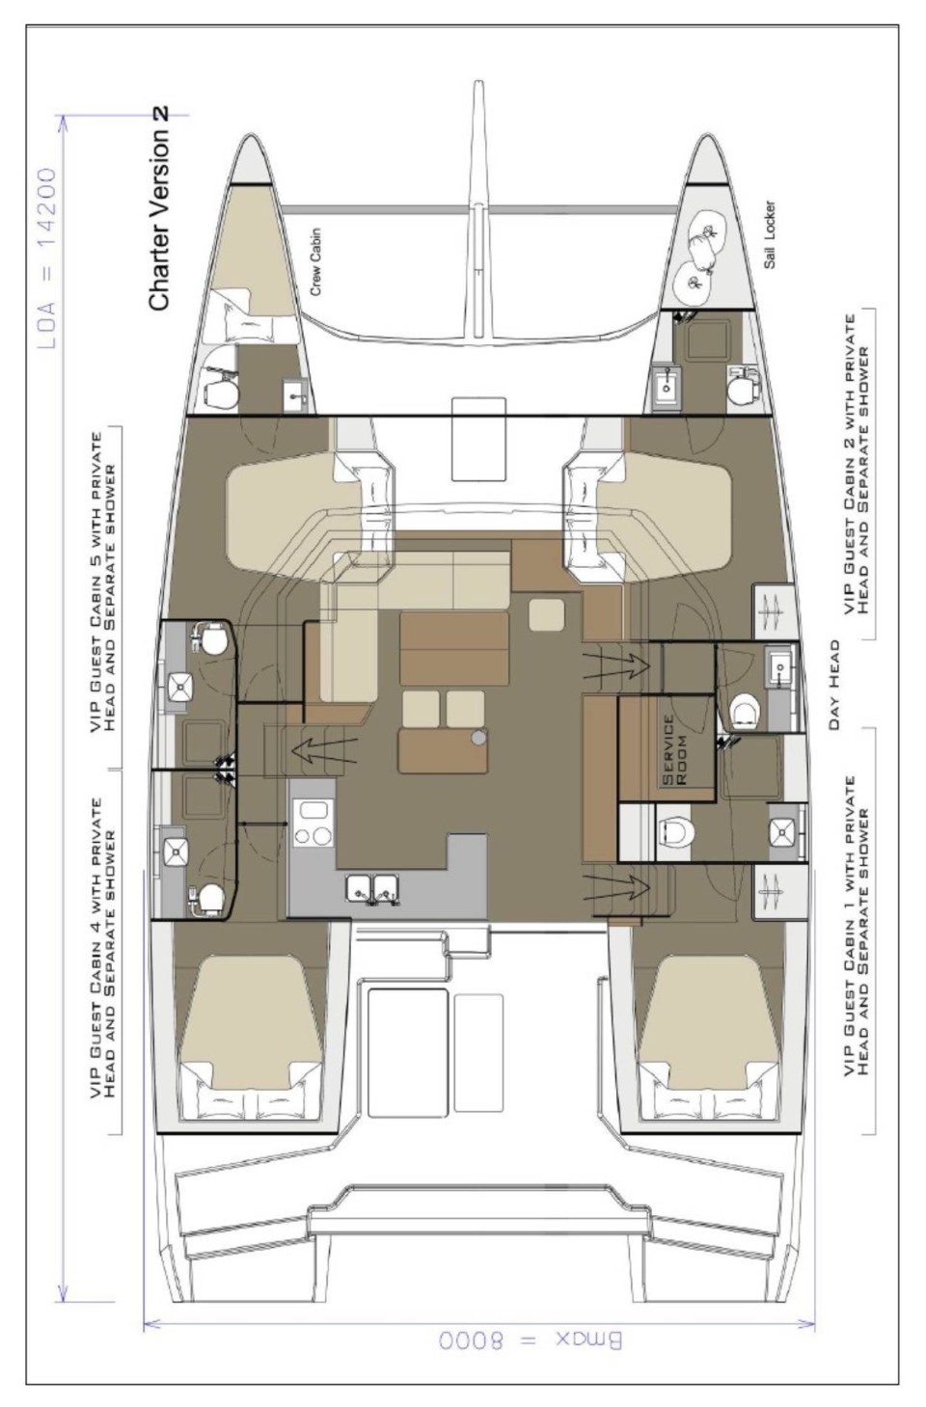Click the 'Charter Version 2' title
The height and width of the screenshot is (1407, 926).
(x=159, y=208)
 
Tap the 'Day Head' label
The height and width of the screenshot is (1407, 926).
(x=834, y=684)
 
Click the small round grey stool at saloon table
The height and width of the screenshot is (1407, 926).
(x=479, y=737)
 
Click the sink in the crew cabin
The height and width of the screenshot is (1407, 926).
(x=292, y=393)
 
